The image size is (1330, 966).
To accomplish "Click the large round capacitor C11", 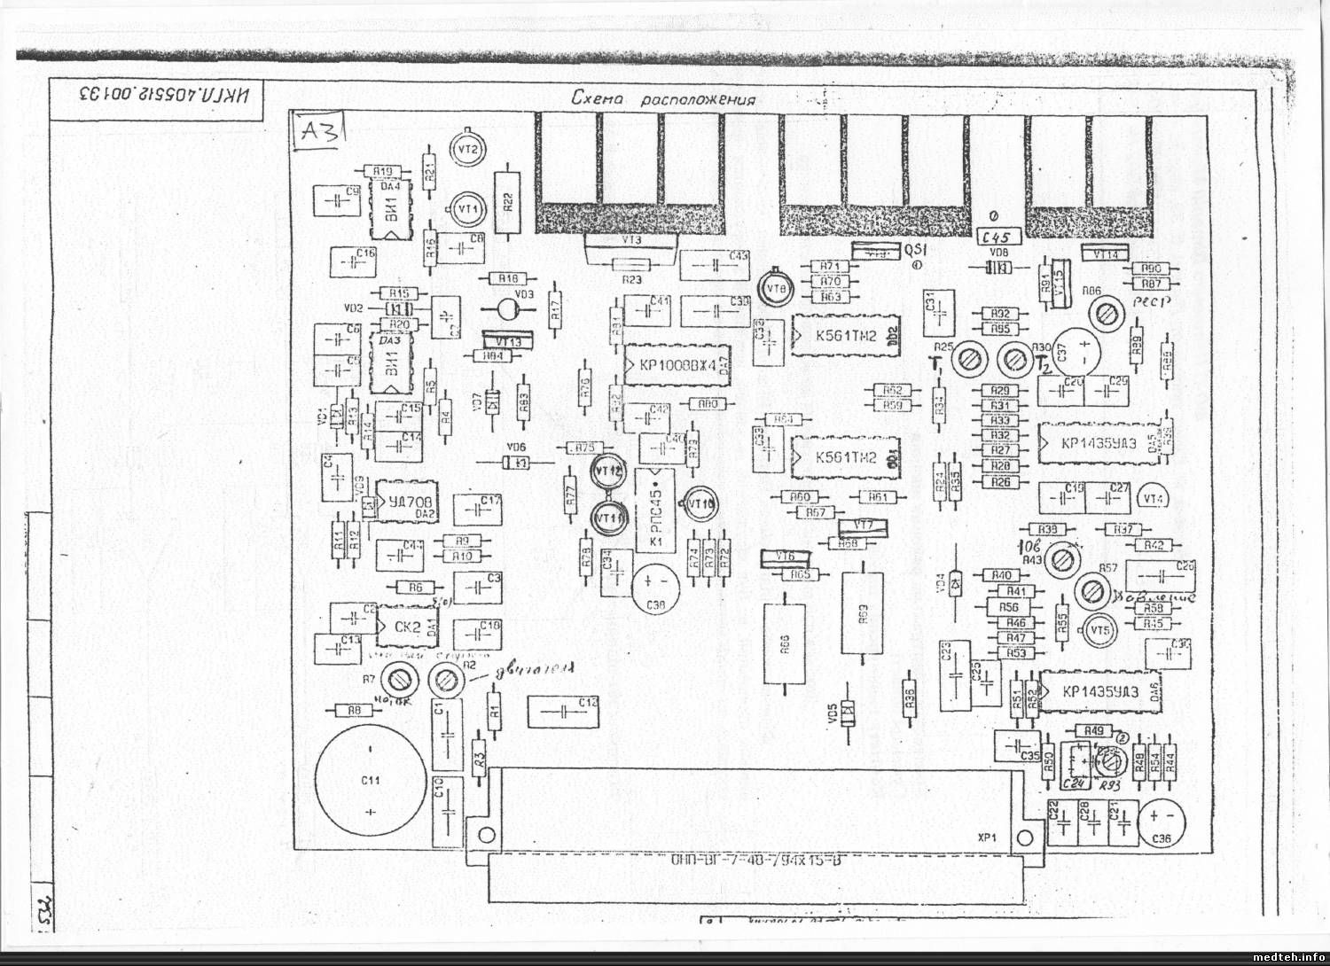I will coord(368,780).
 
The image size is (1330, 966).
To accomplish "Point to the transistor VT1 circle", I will coord(467,207).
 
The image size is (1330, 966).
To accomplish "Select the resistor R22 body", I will coord(507,201).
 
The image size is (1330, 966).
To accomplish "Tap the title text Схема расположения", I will coord(664,99).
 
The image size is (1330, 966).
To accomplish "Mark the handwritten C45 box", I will coord(998,236).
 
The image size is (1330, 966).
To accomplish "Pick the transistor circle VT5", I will coord(1101,629).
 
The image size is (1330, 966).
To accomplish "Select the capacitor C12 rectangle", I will coord(563,711).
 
